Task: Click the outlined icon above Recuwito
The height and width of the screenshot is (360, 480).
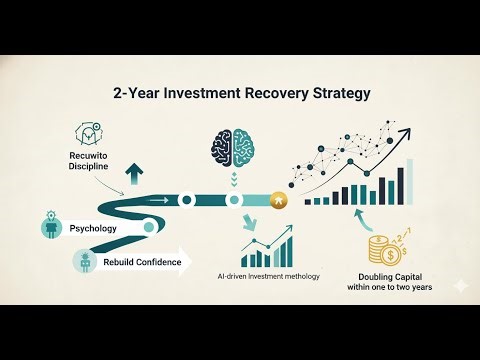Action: (x=88, y=136)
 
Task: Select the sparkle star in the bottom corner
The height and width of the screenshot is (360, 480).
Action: (x=458, y=285)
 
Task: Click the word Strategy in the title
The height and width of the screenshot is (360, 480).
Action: (x=337, y=93)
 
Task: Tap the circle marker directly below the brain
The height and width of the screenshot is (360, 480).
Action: (x=234, y=200)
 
